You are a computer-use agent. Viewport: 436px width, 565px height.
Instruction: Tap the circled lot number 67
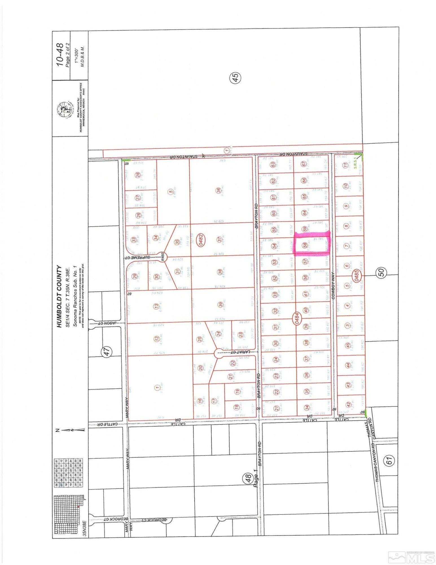click(x=304, y=164)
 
